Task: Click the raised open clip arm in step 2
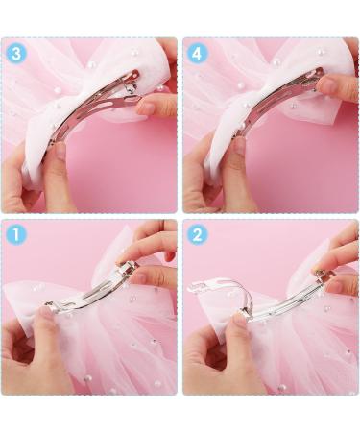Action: pos(216,286)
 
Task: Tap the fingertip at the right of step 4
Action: pos(336,88)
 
